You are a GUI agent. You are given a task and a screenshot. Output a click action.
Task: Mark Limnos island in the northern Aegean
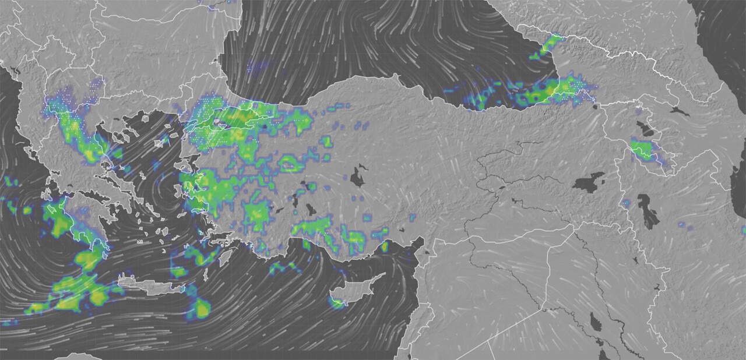(161, 143)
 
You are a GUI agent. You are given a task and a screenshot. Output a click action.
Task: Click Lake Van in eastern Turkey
(589, 183)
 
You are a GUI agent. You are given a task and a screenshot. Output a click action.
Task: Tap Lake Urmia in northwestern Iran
(648, 210)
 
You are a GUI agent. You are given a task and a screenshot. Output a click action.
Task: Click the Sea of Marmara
(224, 123)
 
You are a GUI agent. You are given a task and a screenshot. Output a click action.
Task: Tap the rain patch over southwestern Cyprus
(337, 302)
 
